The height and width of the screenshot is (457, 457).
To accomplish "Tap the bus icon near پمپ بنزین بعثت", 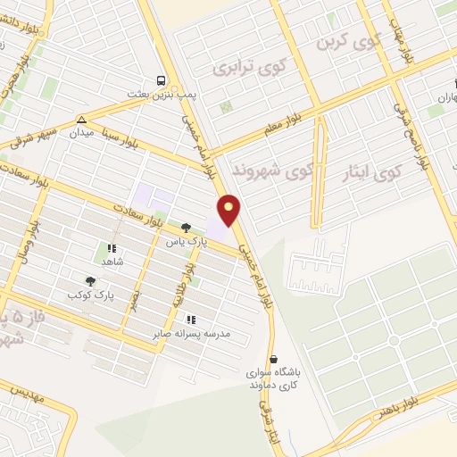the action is (160, 79).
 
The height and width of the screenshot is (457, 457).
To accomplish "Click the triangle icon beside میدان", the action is (81, 120).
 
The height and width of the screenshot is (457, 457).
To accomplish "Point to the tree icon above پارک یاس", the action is (185, 228).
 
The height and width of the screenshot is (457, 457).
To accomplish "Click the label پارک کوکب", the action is (90, 294).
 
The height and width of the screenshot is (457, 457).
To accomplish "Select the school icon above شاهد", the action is (112, 249).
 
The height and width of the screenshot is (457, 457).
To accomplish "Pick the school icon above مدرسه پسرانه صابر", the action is (189, 319).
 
